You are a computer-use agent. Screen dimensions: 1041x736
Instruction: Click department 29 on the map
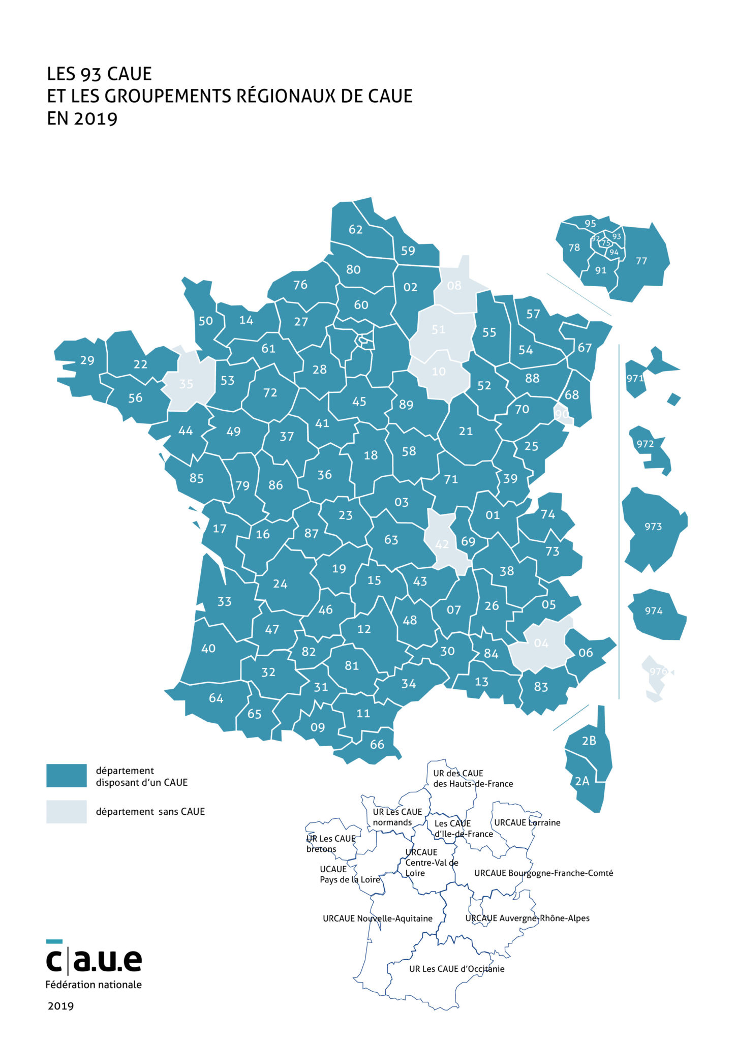coord(87,360)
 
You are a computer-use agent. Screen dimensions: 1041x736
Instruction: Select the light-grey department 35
coord(186,384)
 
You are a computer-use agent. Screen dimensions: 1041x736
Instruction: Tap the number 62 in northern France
coord(355,229)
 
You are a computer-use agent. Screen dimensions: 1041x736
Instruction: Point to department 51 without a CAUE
coord(438,329)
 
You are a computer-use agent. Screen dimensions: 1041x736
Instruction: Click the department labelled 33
coord(224,602)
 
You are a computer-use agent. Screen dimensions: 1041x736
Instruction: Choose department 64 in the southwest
coord(216,698)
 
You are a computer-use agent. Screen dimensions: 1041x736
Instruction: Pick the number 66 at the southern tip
coord(377,745)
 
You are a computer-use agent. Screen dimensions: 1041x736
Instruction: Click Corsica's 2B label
coord(589,741)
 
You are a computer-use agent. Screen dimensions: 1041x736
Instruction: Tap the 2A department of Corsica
coord(582,781)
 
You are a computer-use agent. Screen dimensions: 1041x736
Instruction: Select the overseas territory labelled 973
coord(653,527)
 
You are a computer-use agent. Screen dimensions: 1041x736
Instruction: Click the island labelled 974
coord(654,611)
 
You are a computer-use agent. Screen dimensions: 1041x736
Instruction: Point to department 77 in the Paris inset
coord(641,261)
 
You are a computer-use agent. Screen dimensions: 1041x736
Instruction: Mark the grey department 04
coord(541,644)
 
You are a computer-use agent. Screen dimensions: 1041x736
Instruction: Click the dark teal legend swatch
coord(66,776)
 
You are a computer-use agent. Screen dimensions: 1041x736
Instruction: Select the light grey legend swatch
coord(66,812)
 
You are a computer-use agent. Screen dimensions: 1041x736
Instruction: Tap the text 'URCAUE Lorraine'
coord(527,822)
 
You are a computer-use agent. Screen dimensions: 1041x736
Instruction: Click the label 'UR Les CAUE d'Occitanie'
coord(456,969)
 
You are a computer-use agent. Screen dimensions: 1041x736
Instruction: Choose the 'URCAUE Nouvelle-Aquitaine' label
coord(377,918)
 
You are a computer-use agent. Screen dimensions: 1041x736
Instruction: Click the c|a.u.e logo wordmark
coord(94,960)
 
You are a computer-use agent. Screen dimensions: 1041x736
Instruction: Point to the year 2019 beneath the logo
coord(60,1006)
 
